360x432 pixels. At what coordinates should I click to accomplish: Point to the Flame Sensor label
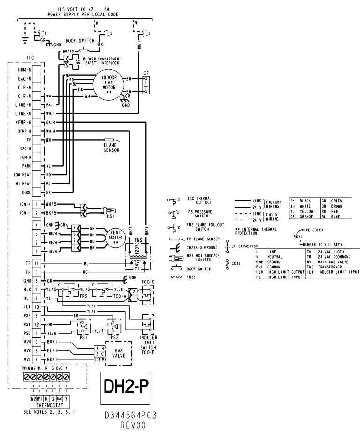point(112,148)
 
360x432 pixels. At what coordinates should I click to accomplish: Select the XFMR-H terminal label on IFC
point(23,122)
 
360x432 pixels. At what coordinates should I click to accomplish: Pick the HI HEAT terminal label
point(23,184)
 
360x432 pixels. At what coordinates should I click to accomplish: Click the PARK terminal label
point(26,166)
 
